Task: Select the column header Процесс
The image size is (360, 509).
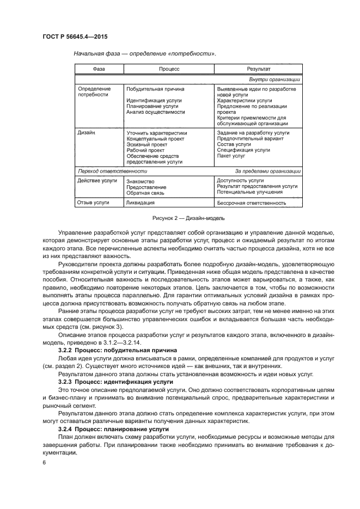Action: (169, 70)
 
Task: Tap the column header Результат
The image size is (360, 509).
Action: (259, 70)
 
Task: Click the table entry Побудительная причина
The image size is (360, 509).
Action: (155, 89)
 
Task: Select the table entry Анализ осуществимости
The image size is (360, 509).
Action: (155, 112)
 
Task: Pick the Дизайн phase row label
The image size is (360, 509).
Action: (87, 132)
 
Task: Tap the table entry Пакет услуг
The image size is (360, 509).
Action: (231, 156)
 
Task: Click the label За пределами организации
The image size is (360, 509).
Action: (268, 171)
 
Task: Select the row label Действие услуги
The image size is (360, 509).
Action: (97, 180)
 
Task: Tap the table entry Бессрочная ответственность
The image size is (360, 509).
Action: (252, 203)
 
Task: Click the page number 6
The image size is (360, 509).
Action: (44, 462)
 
